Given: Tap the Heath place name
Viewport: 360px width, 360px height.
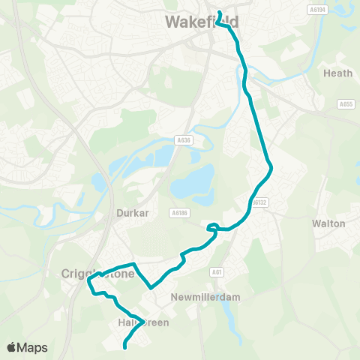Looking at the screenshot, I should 332,73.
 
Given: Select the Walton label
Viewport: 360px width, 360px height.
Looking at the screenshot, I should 328,223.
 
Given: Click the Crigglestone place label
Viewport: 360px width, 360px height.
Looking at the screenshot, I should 97,274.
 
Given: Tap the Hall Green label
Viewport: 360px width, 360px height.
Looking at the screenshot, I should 142,322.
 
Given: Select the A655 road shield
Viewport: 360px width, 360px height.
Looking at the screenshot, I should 346,104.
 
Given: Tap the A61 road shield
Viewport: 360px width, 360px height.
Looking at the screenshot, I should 217,273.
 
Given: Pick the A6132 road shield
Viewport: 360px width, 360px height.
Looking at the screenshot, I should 259,202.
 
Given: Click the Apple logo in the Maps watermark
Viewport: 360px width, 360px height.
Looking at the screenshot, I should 11,347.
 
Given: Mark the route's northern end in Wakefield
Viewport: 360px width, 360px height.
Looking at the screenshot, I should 220,11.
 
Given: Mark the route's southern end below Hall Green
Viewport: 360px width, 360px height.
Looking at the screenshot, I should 124,347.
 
